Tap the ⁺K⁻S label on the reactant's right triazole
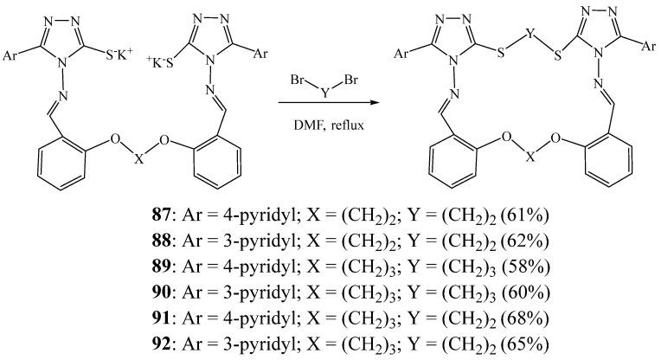coord(147,59)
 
